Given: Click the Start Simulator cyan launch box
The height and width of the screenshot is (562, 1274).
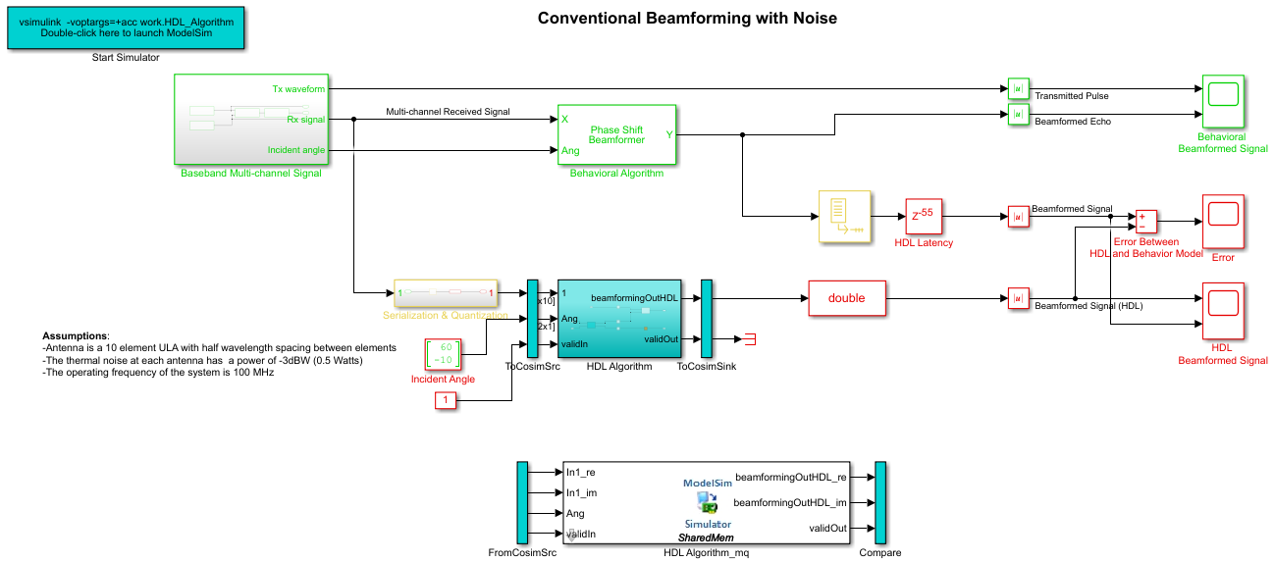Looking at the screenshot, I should (x=126, y=27).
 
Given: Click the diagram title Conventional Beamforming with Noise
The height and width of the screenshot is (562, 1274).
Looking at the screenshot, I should (x=687, y=19).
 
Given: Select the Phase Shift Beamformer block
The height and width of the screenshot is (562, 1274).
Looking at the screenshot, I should (x=617, y=134).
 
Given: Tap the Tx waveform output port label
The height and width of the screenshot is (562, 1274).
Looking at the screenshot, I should (x=298, y=89).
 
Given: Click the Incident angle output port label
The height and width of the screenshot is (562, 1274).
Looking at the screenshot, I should (x=296, y=150).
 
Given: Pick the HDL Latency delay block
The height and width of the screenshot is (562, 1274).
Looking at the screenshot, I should (x=923, y=216).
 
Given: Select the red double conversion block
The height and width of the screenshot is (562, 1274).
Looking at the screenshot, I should (x=846, y=298).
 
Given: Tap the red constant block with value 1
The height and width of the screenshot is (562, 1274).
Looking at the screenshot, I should (x=446, y=400).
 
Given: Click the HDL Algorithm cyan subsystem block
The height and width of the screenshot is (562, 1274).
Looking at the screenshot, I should (x=619, y=319).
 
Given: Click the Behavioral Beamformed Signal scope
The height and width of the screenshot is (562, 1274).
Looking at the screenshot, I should (x=1223, y=101).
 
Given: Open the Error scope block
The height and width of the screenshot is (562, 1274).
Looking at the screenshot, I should (x=1223, y=222).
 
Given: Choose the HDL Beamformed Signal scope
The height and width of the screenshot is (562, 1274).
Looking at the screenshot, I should (x=1222, y=310).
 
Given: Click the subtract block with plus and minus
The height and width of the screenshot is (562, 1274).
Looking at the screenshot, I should (x=1146, y=222).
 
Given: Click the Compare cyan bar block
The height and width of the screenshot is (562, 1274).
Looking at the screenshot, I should (x=880, y=502).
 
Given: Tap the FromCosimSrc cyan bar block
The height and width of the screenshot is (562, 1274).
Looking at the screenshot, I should (x=522, y=502).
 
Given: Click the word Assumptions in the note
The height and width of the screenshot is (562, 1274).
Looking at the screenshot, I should (x=76, y=335).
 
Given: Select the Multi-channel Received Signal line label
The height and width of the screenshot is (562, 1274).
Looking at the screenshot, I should (x=448, y=112).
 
